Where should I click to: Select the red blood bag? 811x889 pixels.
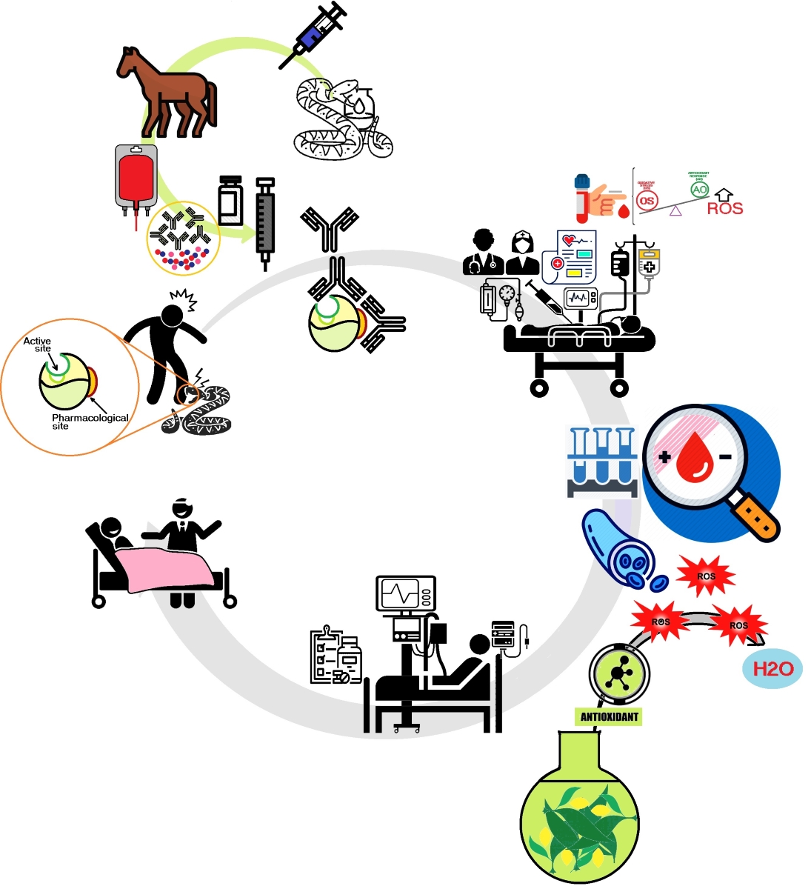click(x=136, y=178)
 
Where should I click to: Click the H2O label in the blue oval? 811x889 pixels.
click(x=772, y=670)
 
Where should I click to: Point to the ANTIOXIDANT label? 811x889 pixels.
click(x=609, y=717)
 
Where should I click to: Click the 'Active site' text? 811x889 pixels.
click(x=37, y=344)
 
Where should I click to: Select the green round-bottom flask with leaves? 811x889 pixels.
click(x=579, y=815)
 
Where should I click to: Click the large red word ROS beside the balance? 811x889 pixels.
click(x=724, y=209)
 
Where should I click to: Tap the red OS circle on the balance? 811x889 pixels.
click(x=647, y=201)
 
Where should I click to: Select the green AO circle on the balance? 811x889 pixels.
click(x=699, y=190)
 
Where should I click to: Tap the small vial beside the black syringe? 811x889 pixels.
click(x=230, y=200)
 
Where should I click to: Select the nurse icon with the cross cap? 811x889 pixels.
click(x=522, y=253)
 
